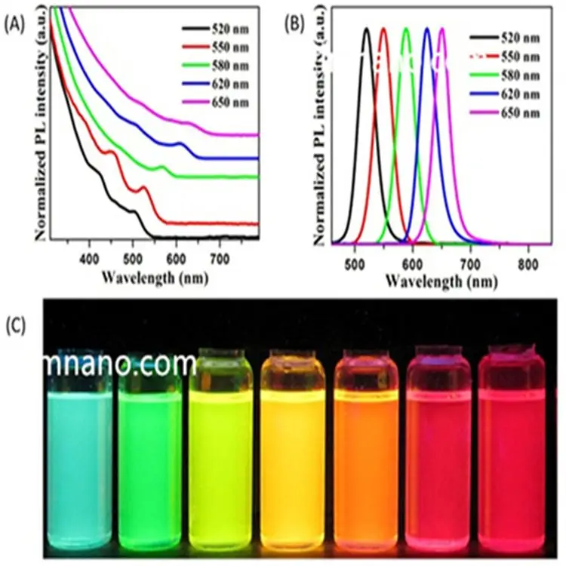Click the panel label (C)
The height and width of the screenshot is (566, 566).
[x=17, y=325]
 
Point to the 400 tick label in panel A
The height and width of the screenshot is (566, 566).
[x=89, y=253]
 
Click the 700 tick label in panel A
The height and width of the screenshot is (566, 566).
[x=220, y=253]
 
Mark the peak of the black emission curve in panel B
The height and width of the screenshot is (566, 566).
[x=367, y=29]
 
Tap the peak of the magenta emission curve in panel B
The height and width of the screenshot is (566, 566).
[x=442, y=29]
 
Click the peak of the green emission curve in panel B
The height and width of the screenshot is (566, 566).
[x=407, y=29]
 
